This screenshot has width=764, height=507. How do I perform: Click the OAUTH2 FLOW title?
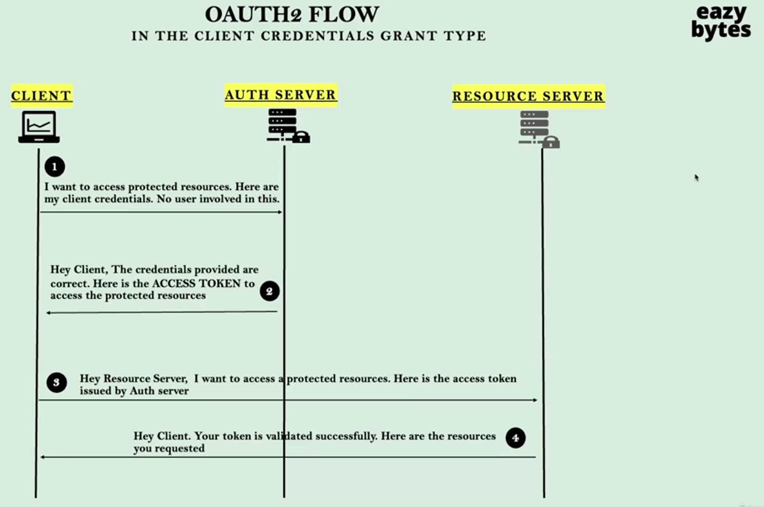pyautogui.click(x=292, y=15)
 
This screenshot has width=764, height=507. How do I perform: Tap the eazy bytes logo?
pyautogui.click(x=721, y=22)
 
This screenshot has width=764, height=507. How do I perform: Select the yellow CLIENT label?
pyautogui.click(x=41, y=95)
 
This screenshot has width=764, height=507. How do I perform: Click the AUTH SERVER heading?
pyautogui.click(x=280, y=94)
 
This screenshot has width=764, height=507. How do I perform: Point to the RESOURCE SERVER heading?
pyautogui.click(x=528, y=96)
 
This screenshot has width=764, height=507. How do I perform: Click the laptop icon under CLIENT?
pyautogui.click(x=39, y=127)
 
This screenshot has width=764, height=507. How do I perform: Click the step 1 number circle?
pyautogui.click(x=55, y=167)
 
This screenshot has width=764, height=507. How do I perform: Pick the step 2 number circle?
pyautogui.click(x=269, y=291)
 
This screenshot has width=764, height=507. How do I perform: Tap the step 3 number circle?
pyautogui.click(x=56, y=382)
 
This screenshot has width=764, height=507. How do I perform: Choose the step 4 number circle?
pyautogui.click(x=515, y=438)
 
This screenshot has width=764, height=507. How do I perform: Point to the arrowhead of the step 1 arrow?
pyautogui.click(x=280, y=212)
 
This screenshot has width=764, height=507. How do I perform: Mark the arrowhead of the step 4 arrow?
pyautogui.click(x=43, y=457)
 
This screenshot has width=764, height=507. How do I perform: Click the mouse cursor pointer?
pyautogui.click(x=696, y=177)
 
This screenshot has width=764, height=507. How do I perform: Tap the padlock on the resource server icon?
pyautogui.click(x=551, y=142)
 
